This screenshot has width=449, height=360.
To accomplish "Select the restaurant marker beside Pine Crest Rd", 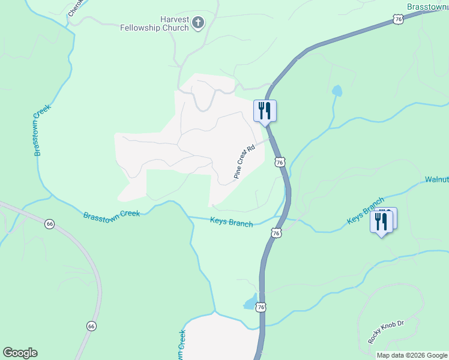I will pos(265,111).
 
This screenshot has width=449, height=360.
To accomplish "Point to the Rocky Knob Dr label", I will pos(387,332).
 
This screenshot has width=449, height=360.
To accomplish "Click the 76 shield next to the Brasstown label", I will pos(399,20).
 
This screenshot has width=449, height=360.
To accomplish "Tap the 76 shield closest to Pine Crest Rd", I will pos(280,163).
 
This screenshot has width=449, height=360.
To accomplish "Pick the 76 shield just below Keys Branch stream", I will pos(275,232).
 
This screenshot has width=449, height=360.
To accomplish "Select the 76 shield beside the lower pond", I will pos(260,307).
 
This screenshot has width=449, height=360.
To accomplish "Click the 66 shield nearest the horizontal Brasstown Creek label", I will pos(49,224).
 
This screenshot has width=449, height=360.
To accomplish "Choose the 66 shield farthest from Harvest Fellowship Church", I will pos(91,326).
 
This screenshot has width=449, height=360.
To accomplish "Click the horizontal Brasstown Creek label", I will pos(112,214).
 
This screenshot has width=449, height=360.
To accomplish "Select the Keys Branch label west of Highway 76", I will pos(231,222).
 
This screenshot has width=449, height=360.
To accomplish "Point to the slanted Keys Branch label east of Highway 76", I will pos(365,211).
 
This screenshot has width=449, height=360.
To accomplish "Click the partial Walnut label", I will pos(436,179).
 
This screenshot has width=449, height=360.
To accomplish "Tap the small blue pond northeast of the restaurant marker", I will pos(337,91).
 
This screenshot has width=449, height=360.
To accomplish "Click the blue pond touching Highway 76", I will pos(251,302).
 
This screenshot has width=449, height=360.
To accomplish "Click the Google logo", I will pos(20,353).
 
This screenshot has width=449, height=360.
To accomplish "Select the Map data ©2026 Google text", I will pos(412,355).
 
